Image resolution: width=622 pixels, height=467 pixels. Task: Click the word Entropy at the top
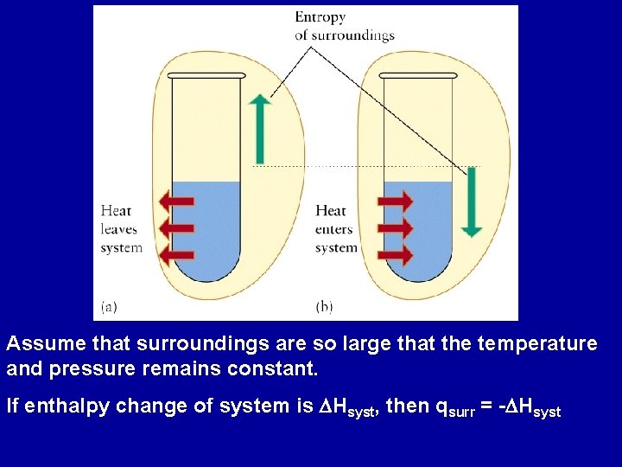(320, 17)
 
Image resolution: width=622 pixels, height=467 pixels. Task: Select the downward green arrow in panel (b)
(471, 202)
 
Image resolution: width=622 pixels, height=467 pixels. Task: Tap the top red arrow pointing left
(175, 202)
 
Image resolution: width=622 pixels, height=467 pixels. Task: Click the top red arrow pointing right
(396, 202)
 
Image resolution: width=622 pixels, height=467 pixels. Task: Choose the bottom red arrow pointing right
(396, 255)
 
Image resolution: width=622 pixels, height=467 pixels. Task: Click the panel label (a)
(110, 306)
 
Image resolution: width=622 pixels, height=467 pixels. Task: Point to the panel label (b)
(325, 306)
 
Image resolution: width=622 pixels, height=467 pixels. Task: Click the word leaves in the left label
(118, 229)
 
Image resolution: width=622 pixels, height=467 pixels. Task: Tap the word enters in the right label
(334, 229)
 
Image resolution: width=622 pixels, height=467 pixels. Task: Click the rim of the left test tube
(206, 76)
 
